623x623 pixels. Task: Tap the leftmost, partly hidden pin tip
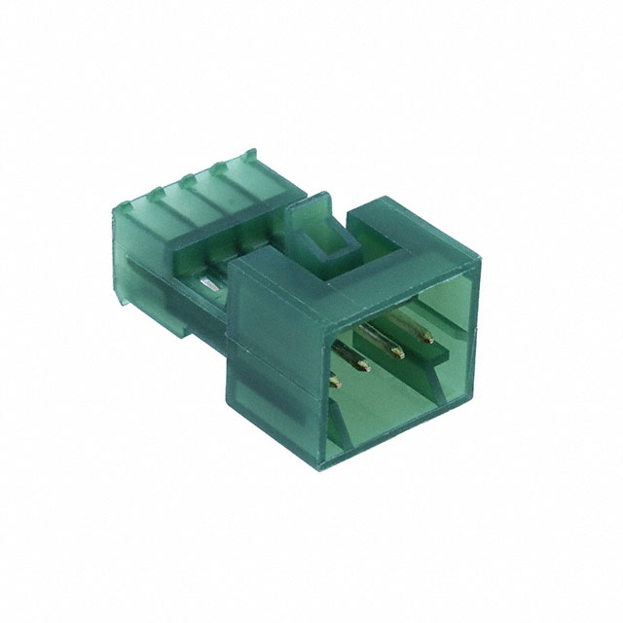pos(336,384)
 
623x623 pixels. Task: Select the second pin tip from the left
pos(362,368)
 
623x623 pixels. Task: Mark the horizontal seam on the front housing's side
pos(273,385)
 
